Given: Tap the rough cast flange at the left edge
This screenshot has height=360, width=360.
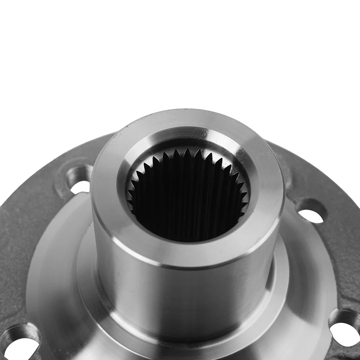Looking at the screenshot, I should (18, 234).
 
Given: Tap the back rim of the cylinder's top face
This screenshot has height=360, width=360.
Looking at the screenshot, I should (189, 118).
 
